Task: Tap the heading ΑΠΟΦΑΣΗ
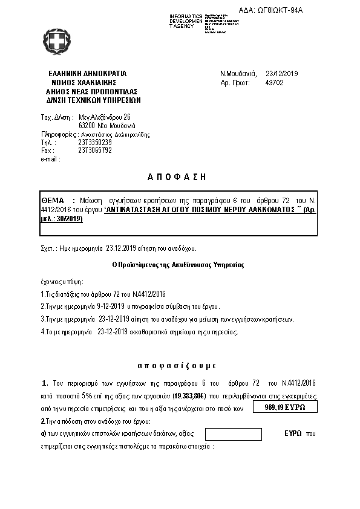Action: click(x=177, y=177)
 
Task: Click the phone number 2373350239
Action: click(x=95, y=143)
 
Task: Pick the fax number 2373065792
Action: click(x=95, y=151)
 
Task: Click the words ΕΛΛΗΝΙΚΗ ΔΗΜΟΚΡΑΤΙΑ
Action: click(x=87, y=74)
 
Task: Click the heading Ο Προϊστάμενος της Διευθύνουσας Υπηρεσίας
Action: click(x=178, y=265)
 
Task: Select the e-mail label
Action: click(x=51, y=159)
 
